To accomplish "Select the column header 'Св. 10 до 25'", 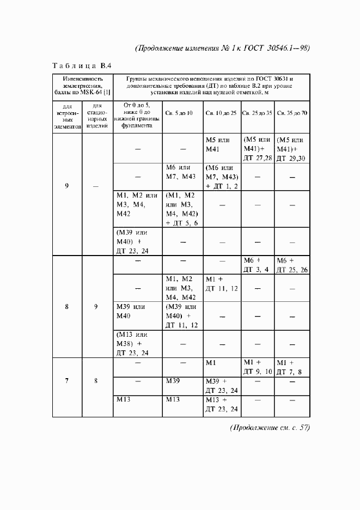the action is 221,113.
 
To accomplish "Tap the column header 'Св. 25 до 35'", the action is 257,113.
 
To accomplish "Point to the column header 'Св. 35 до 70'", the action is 292,113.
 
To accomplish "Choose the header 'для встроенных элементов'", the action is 67,116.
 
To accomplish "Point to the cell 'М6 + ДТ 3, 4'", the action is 257,265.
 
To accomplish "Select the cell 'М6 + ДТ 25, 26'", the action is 292,265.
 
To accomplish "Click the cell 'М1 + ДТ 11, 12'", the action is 221,283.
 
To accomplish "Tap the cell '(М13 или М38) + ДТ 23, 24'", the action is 132,343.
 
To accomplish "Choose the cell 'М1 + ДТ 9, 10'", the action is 257,367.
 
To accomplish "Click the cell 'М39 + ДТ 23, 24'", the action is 221,385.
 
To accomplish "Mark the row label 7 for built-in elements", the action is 67,381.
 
